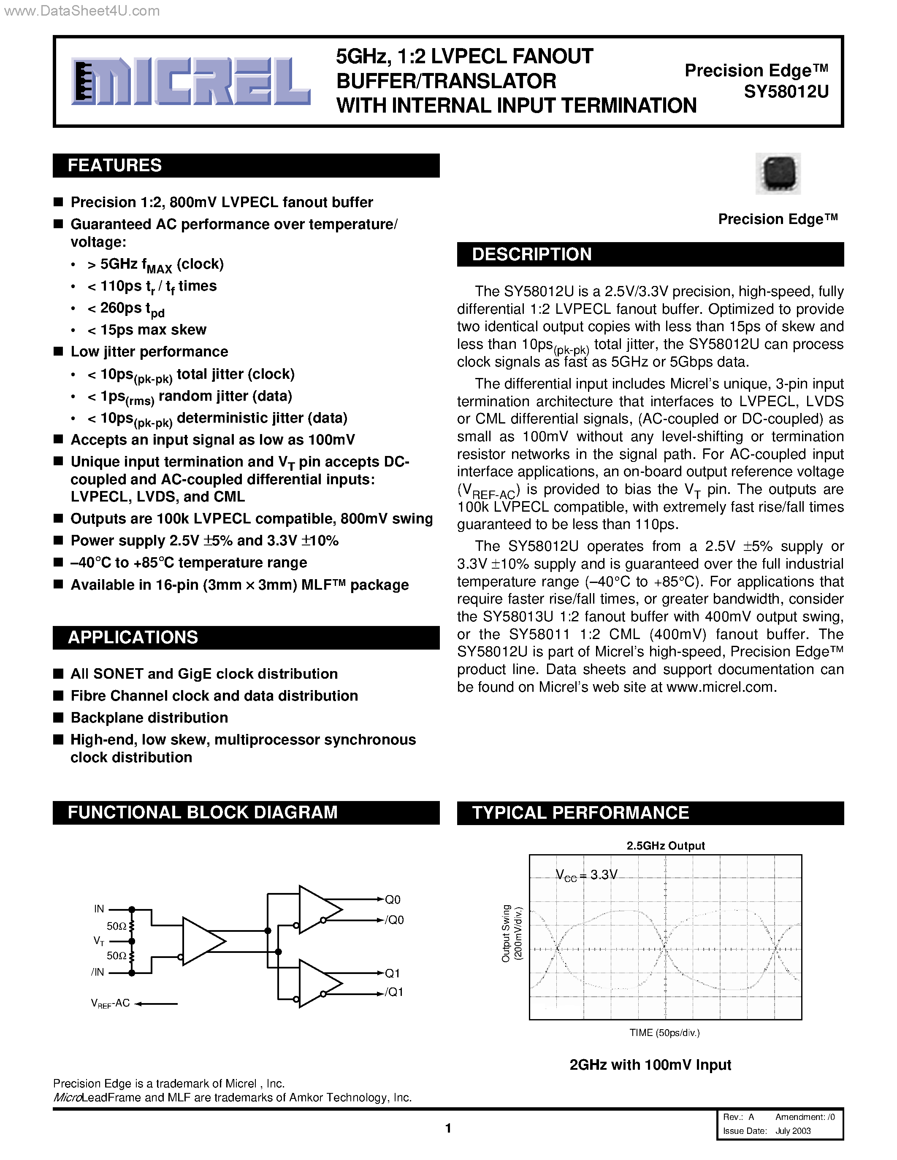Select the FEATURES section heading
(115, 166)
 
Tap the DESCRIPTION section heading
(531, 254)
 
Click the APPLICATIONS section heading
(133, 637)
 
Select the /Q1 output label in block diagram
(394, 992)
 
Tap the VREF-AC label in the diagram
(110, 1004)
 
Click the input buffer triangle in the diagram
(202, 941)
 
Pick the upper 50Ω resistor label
(117, 926)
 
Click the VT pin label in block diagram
(99, 941)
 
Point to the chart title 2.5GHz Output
(665, 846)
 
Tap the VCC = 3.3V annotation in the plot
(586, 875)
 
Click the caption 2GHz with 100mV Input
(650, 1065)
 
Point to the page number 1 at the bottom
(448, 1128)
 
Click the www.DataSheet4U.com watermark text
(81, 11)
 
